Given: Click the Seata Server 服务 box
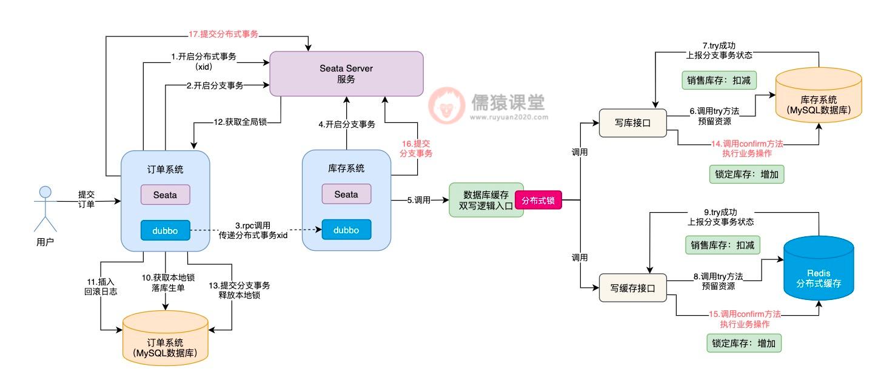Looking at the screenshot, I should coord(346,74).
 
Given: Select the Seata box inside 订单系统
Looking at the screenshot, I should coord(165,194).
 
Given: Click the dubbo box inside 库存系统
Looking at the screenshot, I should coord(346,230).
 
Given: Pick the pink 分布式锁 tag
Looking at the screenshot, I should coord(538,200).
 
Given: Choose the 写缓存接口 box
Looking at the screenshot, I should coord(632,288).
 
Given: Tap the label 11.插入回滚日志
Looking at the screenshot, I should coord(101,287).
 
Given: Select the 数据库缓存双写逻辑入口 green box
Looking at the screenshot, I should coord(486,200).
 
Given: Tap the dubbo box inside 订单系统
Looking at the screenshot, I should coord(165,230).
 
